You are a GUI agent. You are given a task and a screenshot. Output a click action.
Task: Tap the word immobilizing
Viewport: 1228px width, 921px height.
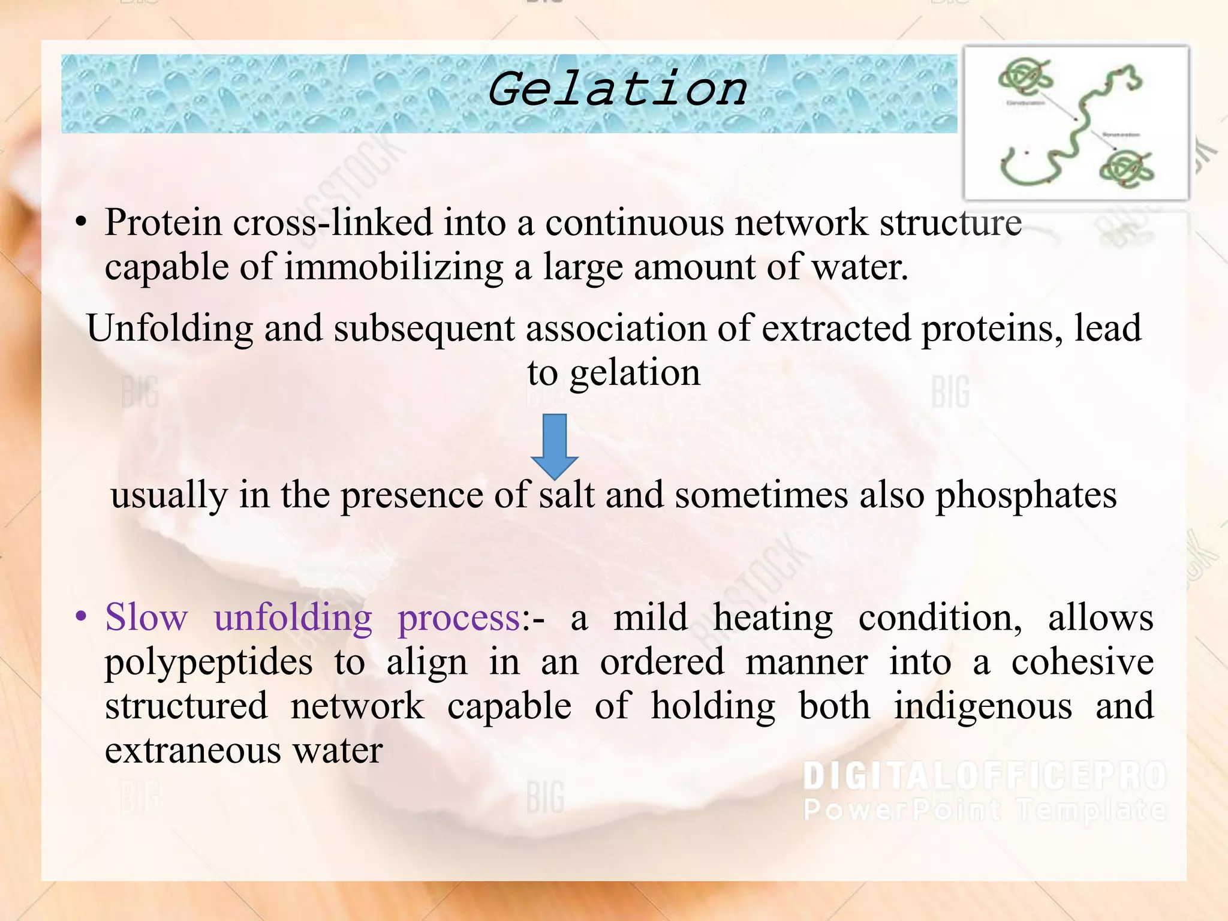tap(393, 267)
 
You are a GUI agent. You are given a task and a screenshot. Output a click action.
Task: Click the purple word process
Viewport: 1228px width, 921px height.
tap(459, 618)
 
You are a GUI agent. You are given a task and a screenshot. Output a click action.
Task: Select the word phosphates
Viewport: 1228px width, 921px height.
tap(1026, 496)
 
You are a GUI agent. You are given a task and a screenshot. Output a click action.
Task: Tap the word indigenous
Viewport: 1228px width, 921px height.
tap(983, 706)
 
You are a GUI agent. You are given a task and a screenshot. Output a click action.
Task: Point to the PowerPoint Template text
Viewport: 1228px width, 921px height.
tap(984, 809)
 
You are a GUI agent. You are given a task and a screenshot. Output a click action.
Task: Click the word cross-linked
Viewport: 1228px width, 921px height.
tap(332, 222)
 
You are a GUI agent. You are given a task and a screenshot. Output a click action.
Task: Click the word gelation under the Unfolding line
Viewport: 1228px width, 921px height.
tap(634, 373)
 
